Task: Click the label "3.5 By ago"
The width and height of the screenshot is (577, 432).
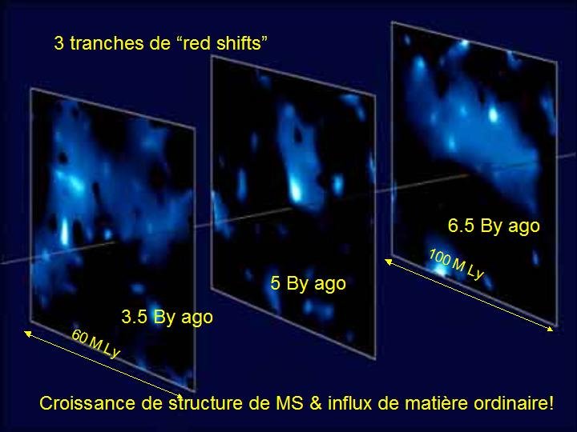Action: tap(167, 318)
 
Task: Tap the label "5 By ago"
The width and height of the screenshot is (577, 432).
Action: tap(309, 283)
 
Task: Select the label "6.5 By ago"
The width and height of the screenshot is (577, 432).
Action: tap(494, 226)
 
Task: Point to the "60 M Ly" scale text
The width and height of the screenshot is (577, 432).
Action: tap(95, 344)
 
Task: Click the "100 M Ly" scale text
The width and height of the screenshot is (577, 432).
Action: tap(456, 265)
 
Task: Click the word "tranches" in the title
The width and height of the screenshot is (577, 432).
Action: tap(107, 43)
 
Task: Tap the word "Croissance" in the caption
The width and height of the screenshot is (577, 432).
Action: tap(87, 403)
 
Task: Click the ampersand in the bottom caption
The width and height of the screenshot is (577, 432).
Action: tap(316, 403)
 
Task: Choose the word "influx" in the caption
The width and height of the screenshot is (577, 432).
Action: tap(350, 403)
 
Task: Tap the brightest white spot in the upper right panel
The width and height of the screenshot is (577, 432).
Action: tap(494, 115)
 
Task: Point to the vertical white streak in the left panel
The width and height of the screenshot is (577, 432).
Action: tap(65, 231)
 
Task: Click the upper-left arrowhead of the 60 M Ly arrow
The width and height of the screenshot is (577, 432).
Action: tap(26, 333)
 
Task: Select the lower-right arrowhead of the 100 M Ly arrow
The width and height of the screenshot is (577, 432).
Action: tap(550, 329)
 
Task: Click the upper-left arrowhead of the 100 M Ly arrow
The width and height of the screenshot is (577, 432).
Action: tap(388, 261)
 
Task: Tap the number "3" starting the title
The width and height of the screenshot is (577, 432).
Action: tap(59, 43)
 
